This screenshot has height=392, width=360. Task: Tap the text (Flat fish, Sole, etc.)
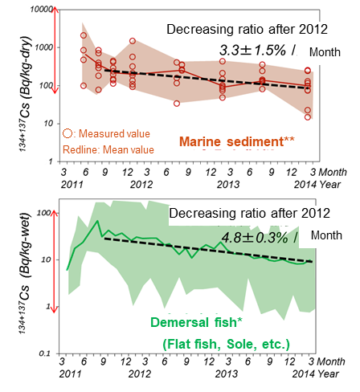[x=227, y=345]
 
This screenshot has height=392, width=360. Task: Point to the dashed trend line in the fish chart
[x=209, y=250]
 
